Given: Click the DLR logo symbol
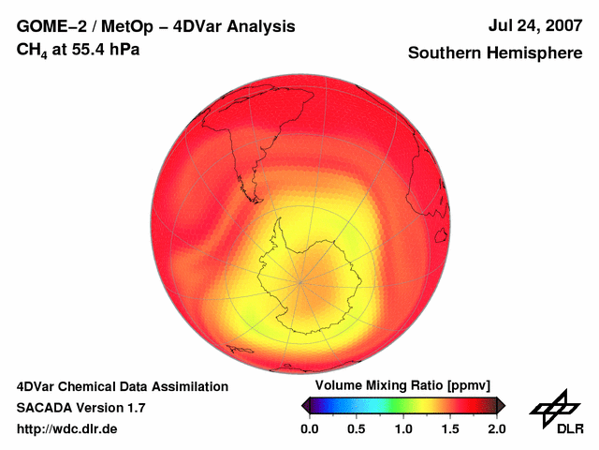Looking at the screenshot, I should (x=556, y=410).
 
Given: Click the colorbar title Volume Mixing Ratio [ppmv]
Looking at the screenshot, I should (x=402, y=385).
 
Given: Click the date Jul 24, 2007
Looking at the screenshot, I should (x=533, y=26).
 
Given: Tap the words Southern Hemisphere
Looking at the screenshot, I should (x=495, y=53).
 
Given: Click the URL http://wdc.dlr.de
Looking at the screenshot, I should (x=67, y=428).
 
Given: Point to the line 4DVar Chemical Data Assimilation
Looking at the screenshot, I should (x=122, y=386).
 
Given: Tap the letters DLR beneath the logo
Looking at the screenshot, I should (x=570, y=428).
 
